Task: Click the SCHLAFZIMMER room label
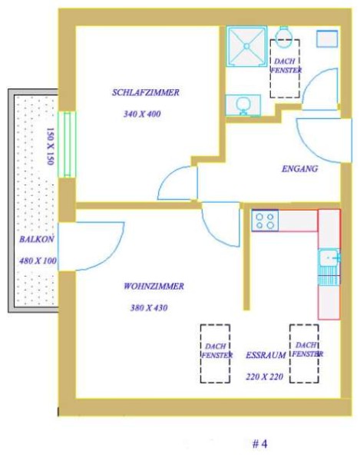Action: click(x=146, y=92)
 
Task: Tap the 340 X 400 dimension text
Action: click(x=142, y=114)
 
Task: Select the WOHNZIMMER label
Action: click(x=154, y=286)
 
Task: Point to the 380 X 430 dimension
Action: click(x=149, y=308)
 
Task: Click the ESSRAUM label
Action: click(x=266, y=355)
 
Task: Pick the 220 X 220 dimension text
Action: click(x=265, y=376)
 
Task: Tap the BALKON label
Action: click(x=37, y=239)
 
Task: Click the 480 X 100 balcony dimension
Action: click(x=38, y=260)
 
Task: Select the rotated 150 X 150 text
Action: click(x=50, y=147)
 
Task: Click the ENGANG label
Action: click(x=300, y=169)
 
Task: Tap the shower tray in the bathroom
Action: click(x=246, y=46)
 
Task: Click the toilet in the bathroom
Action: click(x=284, y=36)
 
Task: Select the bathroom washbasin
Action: click(x=243, y=105)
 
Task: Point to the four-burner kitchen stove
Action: click(x=265, y=221)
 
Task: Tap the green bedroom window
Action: click(x=67, y=144)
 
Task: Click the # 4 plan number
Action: click(x=260, y=444)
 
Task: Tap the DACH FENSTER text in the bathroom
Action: click(x=286, y=66)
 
